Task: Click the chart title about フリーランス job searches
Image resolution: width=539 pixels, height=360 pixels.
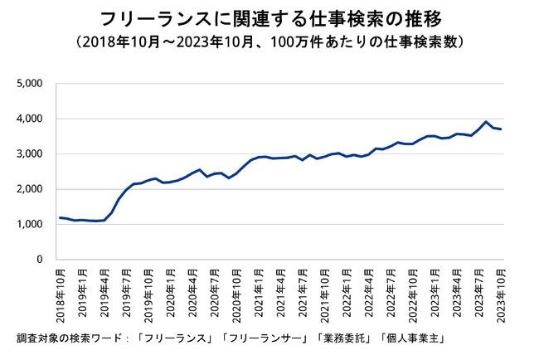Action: tap(269, 18)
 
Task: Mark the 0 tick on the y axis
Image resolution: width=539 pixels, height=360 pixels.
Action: tap(38, 260)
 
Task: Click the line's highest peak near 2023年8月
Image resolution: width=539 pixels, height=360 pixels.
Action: tap(486, 122)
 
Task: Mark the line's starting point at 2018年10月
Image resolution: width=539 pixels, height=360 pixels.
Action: tap(60, 217)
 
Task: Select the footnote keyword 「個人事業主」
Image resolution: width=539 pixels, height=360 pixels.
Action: tap(406, 338)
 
